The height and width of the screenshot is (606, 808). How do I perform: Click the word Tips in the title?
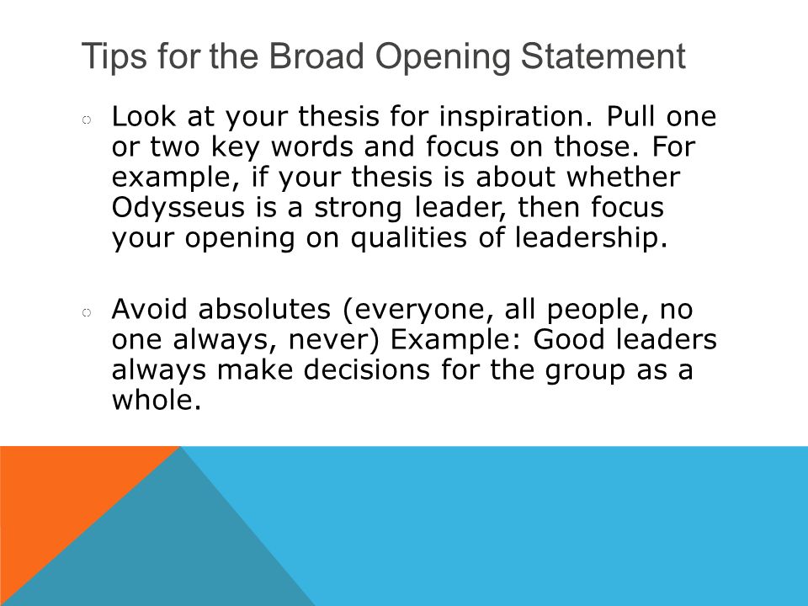[x=114, y=56]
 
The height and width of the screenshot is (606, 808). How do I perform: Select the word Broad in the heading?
[x=316, y=56]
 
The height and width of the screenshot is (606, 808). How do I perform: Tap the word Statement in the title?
[x=603, y=56]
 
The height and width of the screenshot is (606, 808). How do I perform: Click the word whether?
[x=623, y=177]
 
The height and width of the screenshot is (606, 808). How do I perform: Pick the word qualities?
[x=409, y=238]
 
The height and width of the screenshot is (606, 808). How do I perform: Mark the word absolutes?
[x=264, y=309]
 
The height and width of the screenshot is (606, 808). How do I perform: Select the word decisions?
[x=366, y=370]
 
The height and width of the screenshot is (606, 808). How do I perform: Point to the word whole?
[x=157, y=400]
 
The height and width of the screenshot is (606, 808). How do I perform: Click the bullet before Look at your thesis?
[x=87, y=120]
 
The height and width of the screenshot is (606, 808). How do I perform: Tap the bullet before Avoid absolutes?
[x=87, y=313]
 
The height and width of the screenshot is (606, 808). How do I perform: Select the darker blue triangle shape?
[x=170, y=546]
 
